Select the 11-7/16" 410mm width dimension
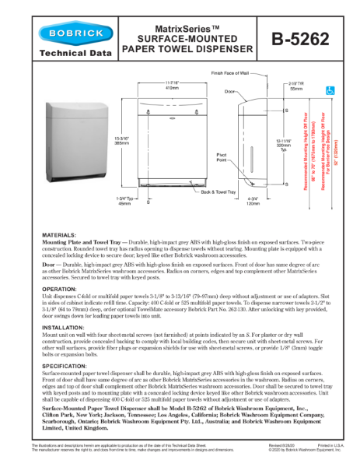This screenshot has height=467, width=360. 172,86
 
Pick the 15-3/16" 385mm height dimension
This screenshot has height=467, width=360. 122,144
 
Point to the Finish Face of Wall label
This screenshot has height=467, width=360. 233,72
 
